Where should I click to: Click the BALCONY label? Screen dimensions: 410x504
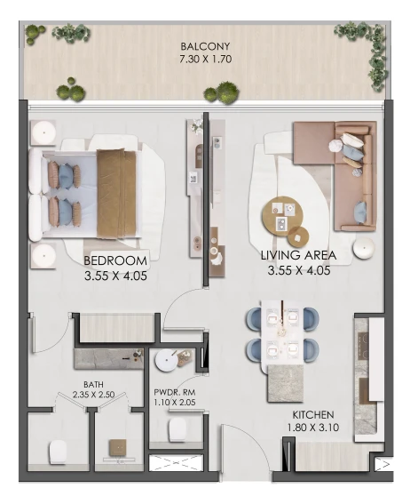(x=205, y=46)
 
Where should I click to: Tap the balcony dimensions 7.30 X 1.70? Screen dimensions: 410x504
(x=205, y=60)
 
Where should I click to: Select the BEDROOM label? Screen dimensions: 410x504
(x=115, y=260)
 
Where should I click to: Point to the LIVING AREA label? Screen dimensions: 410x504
(x=298, y=255)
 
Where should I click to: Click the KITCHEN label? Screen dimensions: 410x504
(x=312, y=414)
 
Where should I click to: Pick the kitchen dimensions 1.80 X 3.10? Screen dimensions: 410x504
(x=312, y=428)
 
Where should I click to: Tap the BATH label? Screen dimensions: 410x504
(x=93, y=384)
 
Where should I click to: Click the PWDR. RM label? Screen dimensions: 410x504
(x=175, y=393)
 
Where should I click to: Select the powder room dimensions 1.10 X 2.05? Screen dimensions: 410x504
(x=175, y=402)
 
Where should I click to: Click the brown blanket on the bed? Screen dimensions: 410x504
(x=116, y=194)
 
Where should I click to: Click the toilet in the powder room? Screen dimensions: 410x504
(x=177, y=429)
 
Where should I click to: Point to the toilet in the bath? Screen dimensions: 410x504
(x=58, y=452)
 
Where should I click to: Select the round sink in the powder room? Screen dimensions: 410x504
(x=166, y=361)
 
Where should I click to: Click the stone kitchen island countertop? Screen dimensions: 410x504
(x=285, y=383)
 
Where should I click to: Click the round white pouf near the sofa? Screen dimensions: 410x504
(x=364, y=248)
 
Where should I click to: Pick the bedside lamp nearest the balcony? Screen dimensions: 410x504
(x=44, y=132)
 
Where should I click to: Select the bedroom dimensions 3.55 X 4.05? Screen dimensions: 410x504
(x=115, y=276)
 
